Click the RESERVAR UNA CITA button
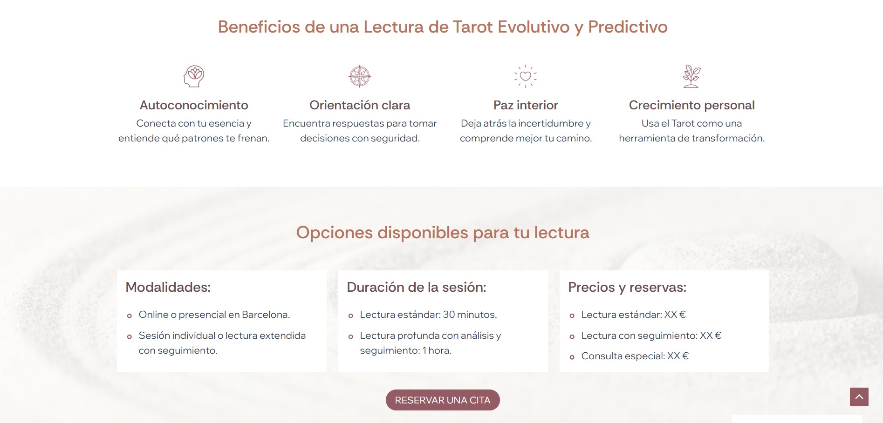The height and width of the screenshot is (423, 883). tap(443, 400)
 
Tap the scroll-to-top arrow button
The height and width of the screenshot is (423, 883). tap(859, 397)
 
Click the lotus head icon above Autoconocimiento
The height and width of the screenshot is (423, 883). tap(194, 76)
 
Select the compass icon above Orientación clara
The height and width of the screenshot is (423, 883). tap(360, 76)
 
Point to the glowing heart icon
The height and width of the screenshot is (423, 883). tap(526, 76)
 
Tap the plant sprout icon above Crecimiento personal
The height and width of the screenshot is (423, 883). tap(691, 76)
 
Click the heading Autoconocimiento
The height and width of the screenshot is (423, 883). tap(194, 105)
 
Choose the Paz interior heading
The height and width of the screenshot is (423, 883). tap(526, 105)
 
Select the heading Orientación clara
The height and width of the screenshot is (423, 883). tap(360, 105)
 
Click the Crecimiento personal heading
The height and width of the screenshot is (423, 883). tap(691, 105)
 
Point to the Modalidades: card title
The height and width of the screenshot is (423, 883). tap(168, 287)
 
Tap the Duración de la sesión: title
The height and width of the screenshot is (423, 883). tap(417, 287)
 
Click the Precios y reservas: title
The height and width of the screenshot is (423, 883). tap(627, 288)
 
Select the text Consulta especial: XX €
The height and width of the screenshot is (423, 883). tap(635, 356)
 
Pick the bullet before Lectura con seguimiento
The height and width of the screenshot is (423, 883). tap(572, 336)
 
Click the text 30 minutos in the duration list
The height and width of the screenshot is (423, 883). tap(470, 315)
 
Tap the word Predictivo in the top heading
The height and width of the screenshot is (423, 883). tap(628, 27)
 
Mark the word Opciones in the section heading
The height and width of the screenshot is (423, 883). tap(335, 233)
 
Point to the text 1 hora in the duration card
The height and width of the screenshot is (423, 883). tap(437, 350)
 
